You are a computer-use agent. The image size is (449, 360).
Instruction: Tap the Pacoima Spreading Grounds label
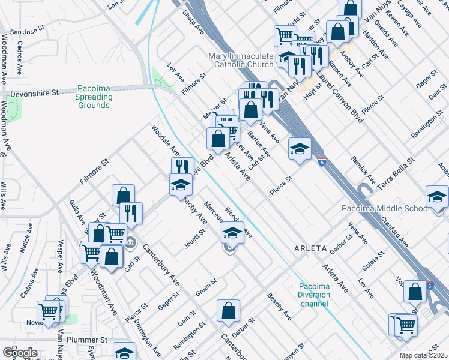94,97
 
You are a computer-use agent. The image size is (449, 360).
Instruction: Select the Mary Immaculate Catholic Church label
241,60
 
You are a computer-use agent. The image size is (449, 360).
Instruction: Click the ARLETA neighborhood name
310,248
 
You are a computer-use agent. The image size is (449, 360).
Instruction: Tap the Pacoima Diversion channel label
314,295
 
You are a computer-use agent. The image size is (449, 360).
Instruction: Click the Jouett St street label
195,240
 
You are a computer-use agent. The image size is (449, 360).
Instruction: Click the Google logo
20,353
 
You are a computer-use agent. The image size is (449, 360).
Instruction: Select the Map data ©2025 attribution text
423,356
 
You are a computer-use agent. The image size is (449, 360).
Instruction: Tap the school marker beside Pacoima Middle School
436,197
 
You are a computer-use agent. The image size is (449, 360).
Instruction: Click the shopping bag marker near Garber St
228,311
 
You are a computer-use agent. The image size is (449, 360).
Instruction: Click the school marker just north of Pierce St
299,149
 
